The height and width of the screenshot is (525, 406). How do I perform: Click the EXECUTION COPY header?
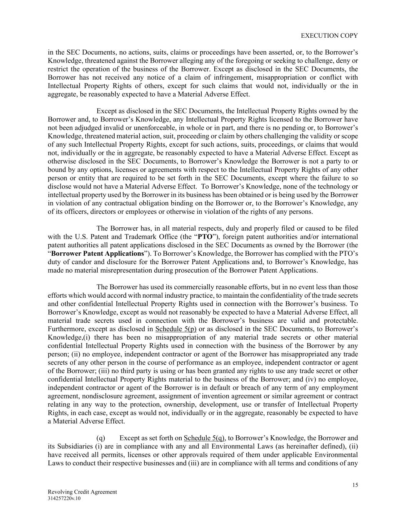[329, 35]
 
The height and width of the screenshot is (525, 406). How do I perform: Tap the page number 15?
[355, 485]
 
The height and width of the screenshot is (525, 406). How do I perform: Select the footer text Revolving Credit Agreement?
[82, 492]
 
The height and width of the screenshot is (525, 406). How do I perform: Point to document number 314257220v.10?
[64, 498]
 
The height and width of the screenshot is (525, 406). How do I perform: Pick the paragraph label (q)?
[101, 438]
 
